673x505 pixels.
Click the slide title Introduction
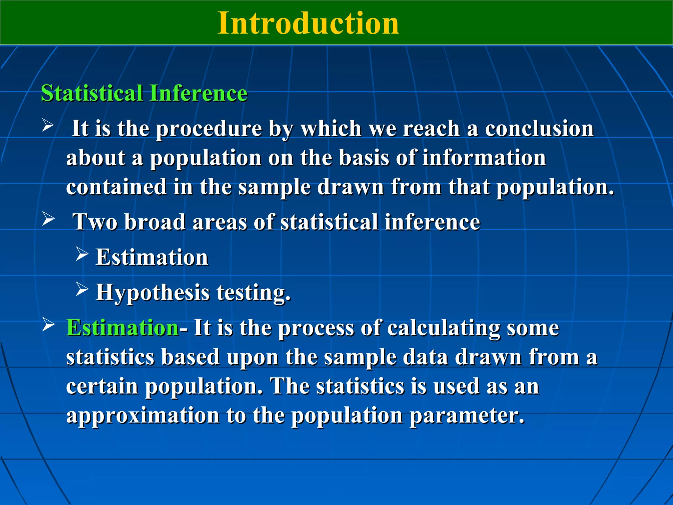(308, 23)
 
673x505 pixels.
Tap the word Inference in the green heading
(198, 93)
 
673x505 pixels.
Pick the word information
(484, 158)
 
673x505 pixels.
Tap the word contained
(116, 187)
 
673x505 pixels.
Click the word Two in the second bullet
(95, 222)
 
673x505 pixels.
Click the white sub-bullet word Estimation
(152, 257)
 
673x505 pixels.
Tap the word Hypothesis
(152, 293)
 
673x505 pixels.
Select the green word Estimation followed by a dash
(122, 328)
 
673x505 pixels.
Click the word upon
(252, 358)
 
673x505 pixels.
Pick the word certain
(102, 386)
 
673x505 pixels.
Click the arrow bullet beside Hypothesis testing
(82, 289)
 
